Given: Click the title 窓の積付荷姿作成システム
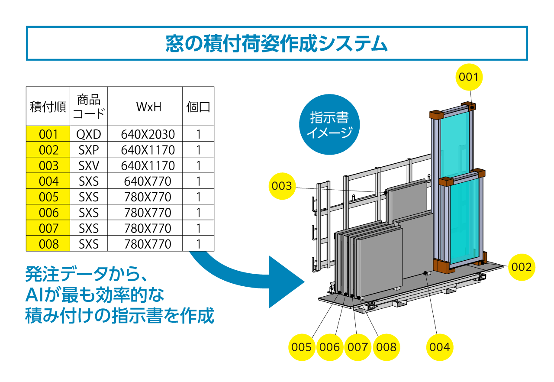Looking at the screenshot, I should [277, 43].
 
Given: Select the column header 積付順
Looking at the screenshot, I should [48, 107].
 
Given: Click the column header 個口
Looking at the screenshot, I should [198, 107].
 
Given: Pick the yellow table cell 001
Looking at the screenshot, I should [48, 134].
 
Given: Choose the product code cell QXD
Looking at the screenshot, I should [89, 134].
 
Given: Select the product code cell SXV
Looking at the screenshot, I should [89, 165].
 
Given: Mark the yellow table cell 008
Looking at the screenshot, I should [48, 244].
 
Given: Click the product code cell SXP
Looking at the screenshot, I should [89, 150].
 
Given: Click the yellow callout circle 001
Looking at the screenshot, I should [468, 77].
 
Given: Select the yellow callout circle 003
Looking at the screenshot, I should [282, 186].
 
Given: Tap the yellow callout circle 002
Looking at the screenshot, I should [521, 267].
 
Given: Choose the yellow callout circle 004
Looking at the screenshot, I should [440, 347].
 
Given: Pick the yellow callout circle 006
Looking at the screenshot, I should [330, 347].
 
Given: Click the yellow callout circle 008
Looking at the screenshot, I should [386, 347].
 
